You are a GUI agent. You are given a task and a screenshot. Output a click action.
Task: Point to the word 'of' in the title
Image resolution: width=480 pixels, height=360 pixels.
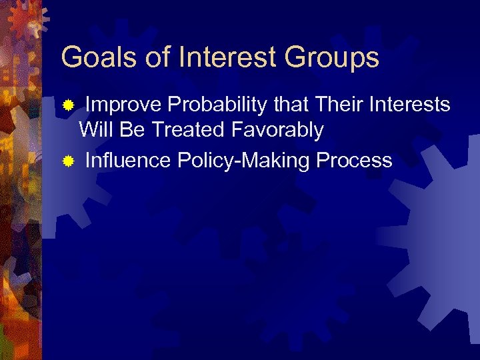(x=157, y=58)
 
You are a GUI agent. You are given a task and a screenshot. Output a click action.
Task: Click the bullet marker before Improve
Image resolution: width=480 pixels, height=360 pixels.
(x=67, y=105)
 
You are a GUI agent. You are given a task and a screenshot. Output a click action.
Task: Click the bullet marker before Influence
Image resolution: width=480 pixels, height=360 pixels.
(x=67, y=161)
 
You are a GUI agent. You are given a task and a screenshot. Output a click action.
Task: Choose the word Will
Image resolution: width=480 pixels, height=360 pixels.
(x=97, y=129)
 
